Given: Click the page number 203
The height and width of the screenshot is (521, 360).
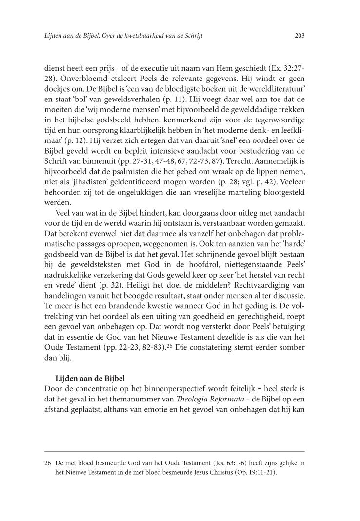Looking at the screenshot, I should [300, 35].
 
